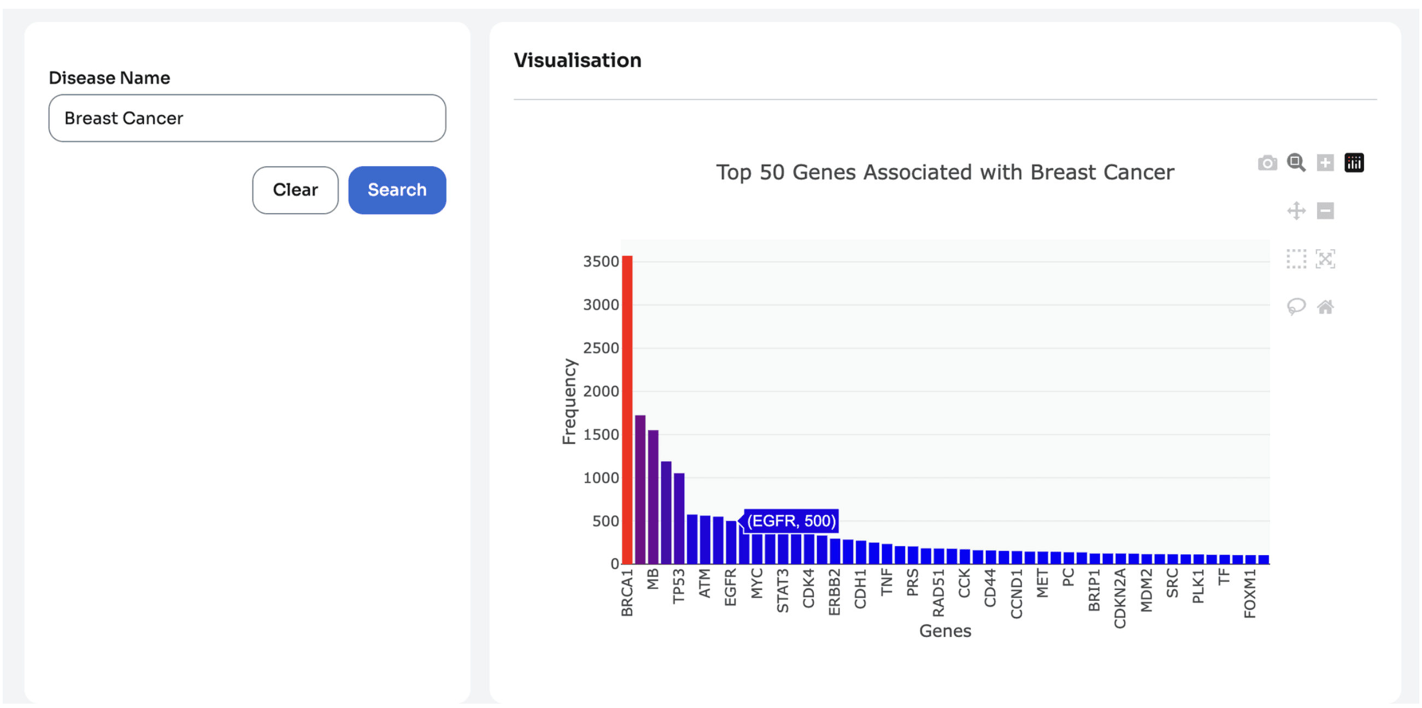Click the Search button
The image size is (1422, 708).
pyautogui.click(x=397, y=190)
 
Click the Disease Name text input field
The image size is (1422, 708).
pyautogui.click(x=248, y=118)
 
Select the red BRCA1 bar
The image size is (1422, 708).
pyautogui.click(x=627, y=410)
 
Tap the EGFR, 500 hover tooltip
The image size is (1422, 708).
pyautogui.click(x=790, y=521)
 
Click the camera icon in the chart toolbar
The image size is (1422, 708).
pyautogui.click(x=1267, y=163)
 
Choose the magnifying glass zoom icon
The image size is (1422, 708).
pyautogui.click(x=1296, y=163)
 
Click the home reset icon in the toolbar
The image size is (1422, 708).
pyautogui.click(x=1325, y=307)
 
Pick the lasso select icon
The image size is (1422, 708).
pyautogui.click(x=1296, y=307)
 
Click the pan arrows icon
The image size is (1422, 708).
pyautogui.click(x=1296, y=211)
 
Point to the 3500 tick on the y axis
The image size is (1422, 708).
pyautogui.click(x=601, y=262)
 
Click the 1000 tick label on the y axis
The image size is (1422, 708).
pyautogui.click(x=601, y=478)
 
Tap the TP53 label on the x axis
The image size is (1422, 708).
pyautogui.click(x=678, y=586)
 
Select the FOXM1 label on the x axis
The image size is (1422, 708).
pyautogui.click(x=1250, y=593)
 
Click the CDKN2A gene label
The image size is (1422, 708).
pyautogui.click(x=1120, y=598)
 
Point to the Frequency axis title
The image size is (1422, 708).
pyautogui.click(x=569, y=401)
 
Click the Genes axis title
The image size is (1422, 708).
pyautogui.click(x=945, y=631)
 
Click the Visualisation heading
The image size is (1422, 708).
pyautogui.click(x=578, y=60)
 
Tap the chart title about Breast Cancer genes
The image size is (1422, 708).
pyautogui.click(x=945, y=172)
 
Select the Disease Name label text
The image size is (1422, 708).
pyautogui.click(x=109, y=78)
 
